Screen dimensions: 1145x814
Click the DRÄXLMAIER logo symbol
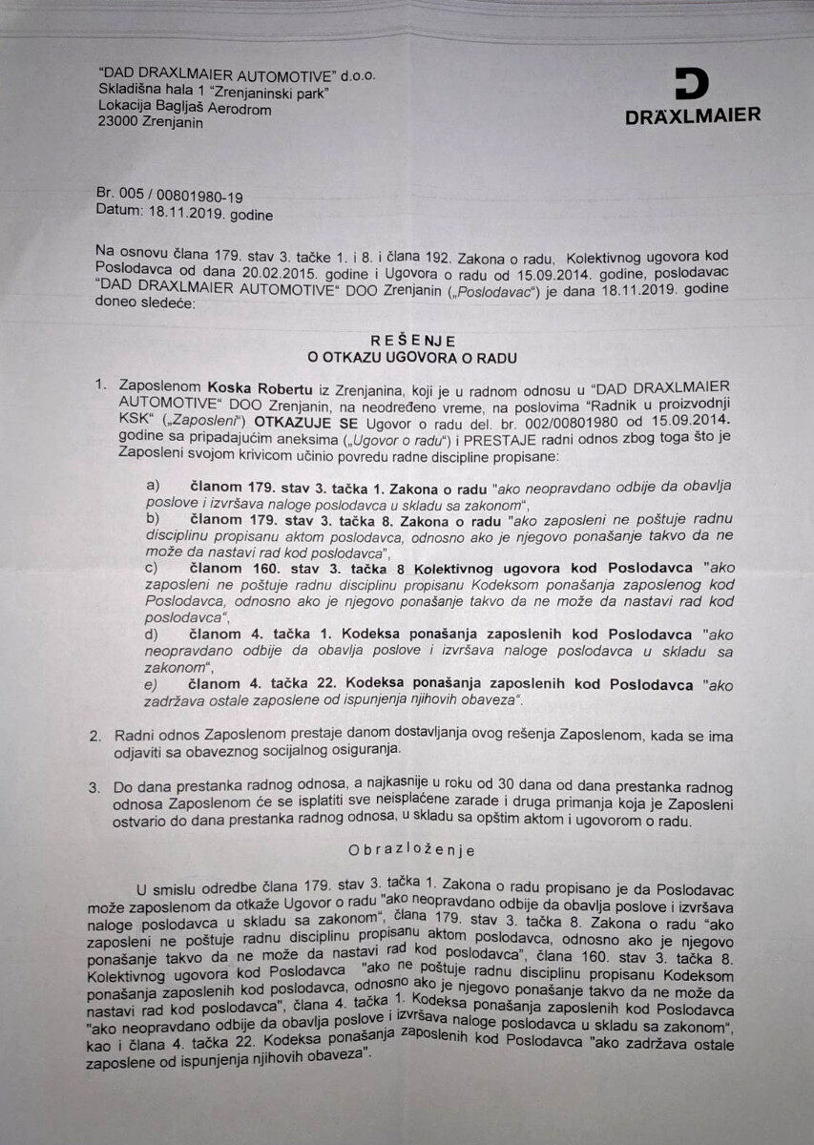692,85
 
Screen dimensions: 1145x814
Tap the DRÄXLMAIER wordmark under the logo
693,115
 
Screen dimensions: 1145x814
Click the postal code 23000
121,122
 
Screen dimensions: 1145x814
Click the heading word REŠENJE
414,341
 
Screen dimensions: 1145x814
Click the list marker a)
152,486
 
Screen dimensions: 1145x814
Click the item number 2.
95,736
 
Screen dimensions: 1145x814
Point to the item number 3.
95,788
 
